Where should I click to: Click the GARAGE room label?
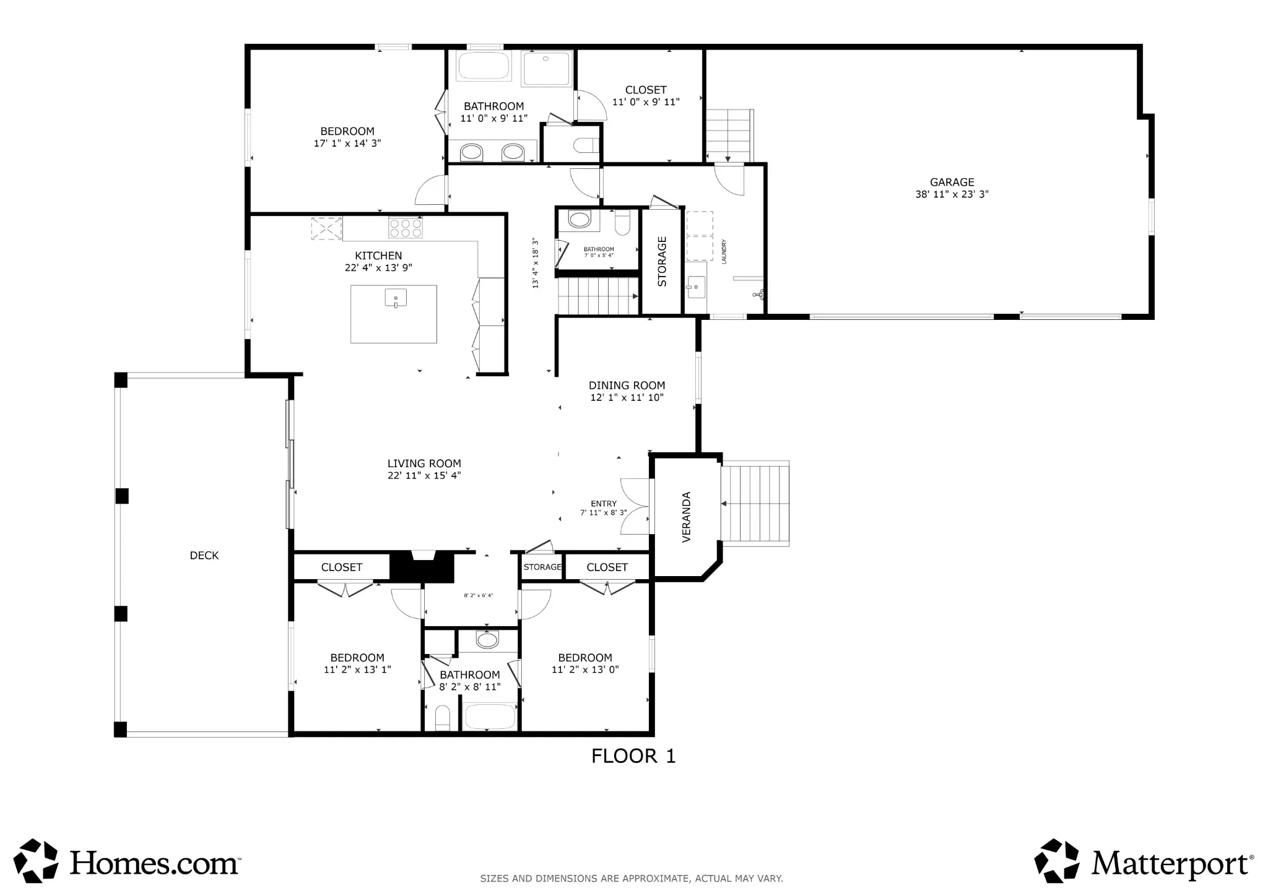point(952,182)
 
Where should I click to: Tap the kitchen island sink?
point(396,298)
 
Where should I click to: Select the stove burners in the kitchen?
point(406,228)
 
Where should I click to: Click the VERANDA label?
point(686,517)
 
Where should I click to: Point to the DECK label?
point(204,555)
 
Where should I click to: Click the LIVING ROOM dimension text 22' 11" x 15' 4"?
point(424,475)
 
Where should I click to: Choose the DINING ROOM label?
point(627,386)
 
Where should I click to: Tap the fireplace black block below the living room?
point(423,567)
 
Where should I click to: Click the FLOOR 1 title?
point(633,756)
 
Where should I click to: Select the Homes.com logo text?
point(155,863)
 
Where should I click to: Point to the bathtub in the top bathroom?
point(484,66)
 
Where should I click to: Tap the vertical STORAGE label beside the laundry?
point(662,261)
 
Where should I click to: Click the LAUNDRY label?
point(724,252)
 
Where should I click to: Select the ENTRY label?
point(604,504)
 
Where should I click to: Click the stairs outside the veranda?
point(755,504)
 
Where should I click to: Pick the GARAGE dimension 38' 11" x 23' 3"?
point(952,194)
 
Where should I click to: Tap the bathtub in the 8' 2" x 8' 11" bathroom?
point(490,717)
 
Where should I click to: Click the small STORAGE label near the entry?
point(542,567)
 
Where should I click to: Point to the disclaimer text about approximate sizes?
point(632,878)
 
